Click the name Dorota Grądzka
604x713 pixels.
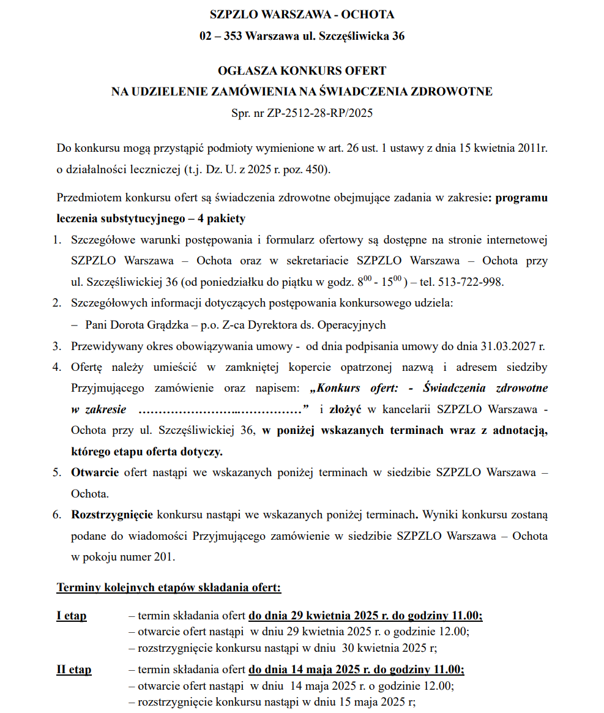coord(162,325)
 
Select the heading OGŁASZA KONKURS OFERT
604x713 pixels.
coord(302,71)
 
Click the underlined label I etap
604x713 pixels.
coord(72,616)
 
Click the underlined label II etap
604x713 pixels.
coord(74,670)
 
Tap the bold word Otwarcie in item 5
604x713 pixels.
coord(95,472)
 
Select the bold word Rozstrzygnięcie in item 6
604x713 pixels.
coord(113,515)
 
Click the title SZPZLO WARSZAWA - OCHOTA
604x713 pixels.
coord(302,15)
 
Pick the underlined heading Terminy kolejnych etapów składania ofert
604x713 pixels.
coord(168,588)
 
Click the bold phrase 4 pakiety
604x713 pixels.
coord(221,218)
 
